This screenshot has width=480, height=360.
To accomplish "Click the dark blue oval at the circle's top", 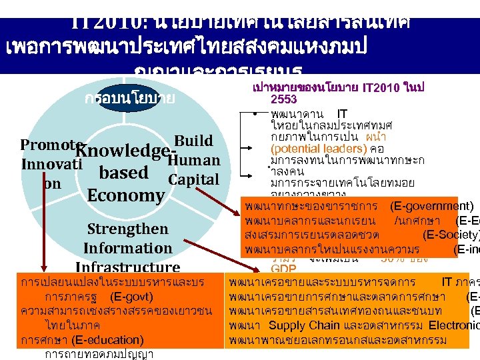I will [130, 99].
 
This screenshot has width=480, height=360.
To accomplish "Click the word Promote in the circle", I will [47, 145].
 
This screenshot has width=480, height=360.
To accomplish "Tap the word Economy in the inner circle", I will [125, 195].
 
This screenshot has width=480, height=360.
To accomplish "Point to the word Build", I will [194, 141].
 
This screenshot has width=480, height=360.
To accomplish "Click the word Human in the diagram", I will [194, 160].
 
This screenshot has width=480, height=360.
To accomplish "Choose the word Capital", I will [193, 179].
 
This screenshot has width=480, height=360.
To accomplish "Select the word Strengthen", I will [127, 229].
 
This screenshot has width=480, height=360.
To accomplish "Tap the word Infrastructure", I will [127, 267].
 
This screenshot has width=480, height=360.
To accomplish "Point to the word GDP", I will [283, 268].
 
